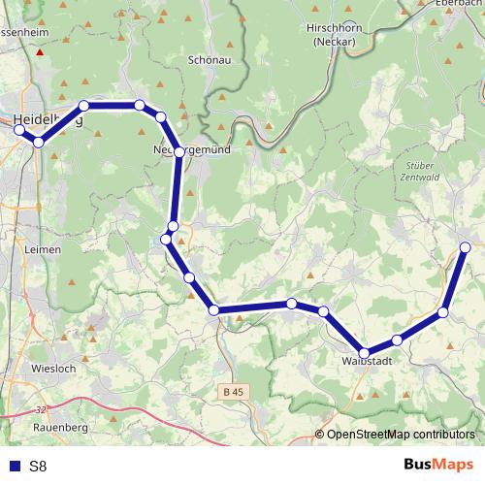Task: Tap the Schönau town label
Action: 208,59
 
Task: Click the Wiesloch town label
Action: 53,370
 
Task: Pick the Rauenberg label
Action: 61,427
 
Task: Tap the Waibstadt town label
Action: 366,362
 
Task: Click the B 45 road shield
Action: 231,391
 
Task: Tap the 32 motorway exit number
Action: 39,410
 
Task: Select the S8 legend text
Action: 38,466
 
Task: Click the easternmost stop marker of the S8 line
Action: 466,247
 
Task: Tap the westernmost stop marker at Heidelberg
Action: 18,129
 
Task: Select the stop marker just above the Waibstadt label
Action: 365,353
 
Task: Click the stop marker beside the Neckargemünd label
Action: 179,152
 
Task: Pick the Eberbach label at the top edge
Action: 462,4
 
